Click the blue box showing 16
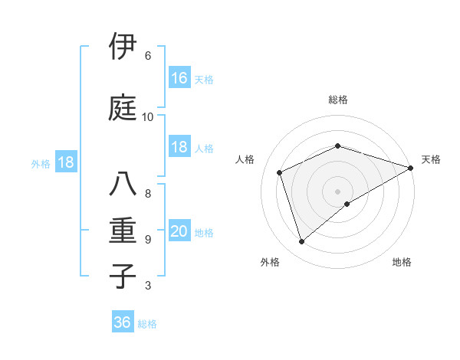pyautogui.click(x=179, y=78)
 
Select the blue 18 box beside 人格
pyautogui.click(x=179, y=148)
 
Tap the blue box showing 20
pyautogui.click(x=179, y=232)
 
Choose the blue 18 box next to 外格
pyautogui.click(x=65, y=162)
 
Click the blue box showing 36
pyautogui.click(x=123, y=322)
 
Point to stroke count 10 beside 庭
pyautogui.click(x=148, y=117)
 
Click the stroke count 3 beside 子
pyautogui.click(x=148, y=286)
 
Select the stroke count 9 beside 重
pyautogui.click(x=148, y=240)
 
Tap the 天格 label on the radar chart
pyautogui.click(x=431, y=159)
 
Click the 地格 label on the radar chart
pyautogui.click(x=402, y=262)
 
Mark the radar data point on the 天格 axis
pyautogui.click(x=411, y=167)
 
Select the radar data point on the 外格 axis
pyautogui.click(x=301, y=242)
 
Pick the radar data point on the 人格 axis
pyautogui.click(x=280, y=172)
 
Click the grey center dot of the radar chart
pyautogui.click(x=337, y=191)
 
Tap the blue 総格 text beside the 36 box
pyautogui.click(x=147, y=323)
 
